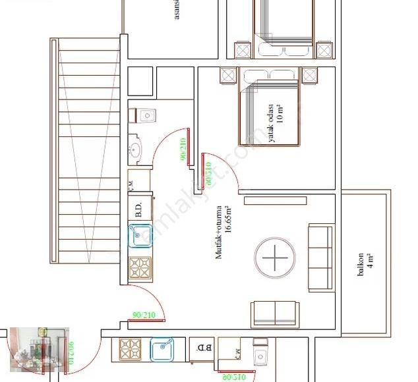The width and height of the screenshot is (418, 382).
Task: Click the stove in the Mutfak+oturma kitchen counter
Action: [140, 268]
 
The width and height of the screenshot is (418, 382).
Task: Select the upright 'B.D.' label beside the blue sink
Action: [139, 209]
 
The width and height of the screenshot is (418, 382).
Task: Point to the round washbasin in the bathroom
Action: [136, 150]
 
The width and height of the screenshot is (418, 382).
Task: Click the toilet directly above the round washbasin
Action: [144, 115]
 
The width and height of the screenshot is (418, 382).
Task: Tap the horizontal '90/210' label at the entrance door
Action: [144, 315]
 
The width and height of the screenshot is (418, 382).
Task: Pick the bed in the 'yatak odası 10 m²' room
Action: [270, 107]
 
